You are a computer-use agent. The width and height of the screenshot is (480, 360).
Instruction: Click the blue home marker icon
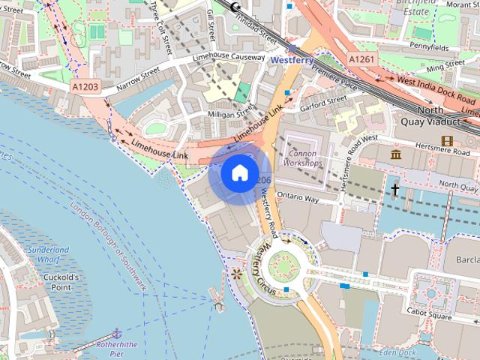(x=239, y=173)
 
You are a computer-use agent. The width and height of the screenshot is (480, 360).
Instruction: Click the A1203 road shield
(x=85, y=87)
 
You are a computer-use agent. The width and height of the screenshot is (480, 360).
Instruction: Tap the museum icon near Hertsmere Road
(x=396, y=154)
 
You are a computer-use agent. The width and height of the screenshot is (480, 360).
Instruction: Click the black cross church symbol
(x=394, y=190)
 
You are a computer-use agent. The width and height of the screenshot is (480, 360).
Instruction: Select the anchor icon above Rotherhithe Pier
(x=116, y=331)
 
